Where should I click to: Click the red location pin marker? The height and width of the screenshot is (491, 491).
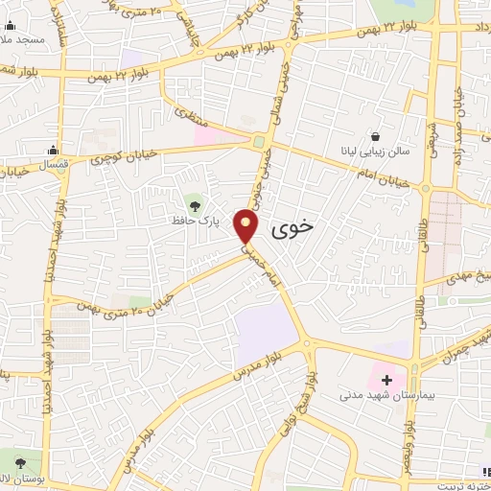[x=248, y=226]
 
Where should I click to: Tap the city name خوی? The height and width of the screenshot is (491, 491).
[x=293, y=228]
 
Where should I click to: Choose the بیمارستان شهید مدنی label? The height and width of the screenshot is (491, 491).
[x=378, y=394]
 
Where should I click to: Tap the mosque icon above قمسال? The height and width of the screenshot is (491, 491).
[x=53, y=150]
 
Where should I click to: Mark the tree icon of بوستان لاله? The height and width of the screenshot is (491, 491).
[x=16, y=459]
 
